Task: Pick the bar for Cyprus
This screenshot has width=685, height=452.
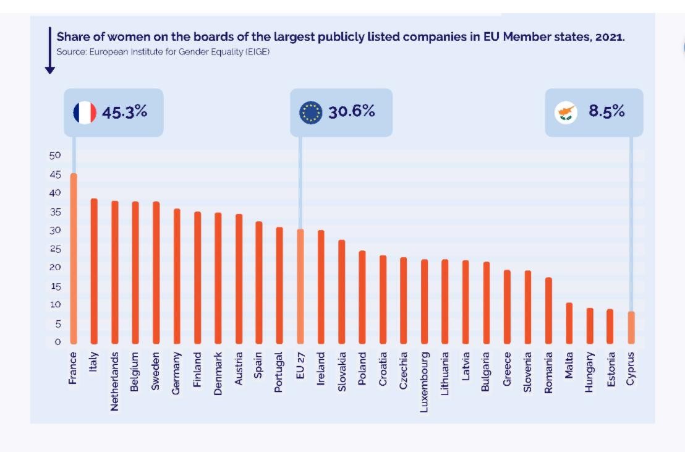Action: pyautogui.click(x=631, y=327)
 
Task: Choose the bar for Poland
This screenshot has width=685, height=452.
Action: pyautogui.click(x=362, y=297)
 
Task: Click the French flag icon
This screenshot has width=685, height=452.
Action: pyautogui.click(x=85, y=113)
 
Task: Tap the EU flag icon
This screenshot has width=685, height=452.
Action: pyautogui.click(x=310, y=113)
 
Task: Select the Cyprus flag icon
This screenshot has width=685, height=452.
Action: pyautogui.click(x=566, y=113)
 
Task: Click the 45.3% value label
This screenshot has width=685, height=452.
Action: pyautogui.click(x=125, y=112)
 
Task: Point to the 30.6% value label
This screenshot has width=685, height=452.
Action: pyautogui.click(x=352, y=111)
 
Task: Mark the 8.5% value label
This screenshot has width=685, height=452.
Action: pyautogui.click(x=606, y=111)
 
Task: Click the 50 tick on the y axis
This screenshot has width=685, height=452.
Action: pyautogui.click(x=55, y=155)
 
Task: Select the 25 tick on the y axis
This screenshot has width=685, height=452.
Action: pyautogui.click(x=55, y=249)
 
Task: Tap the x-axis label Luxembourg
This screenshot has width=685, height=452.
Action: pyautogui.click(x=424, y=382)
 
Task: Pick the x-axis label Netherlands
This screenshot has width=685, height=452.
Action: pyautogui.click(x=114, y=382)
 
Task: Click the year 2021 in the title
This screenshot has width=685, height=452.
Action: pyautogui.click(x=609, y=36)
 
